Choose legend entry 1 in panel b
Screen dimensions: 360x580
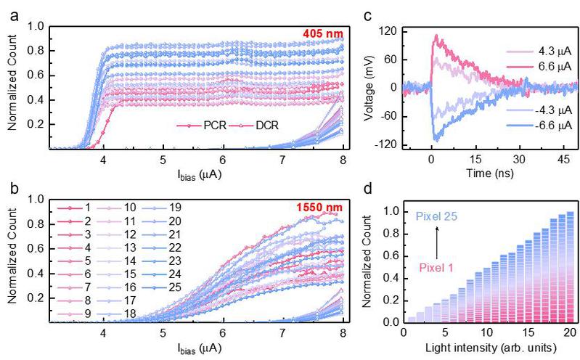click(88, 208)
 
